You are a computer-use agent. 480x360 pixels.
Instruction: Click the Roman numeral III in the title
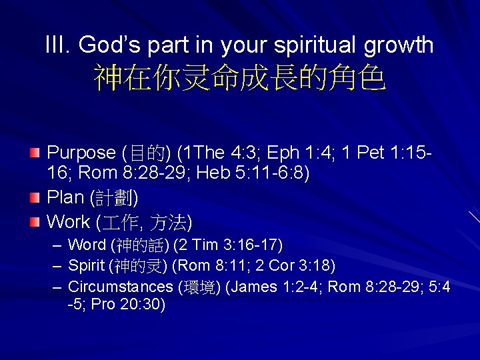pyautogui.click(x=56, y=45)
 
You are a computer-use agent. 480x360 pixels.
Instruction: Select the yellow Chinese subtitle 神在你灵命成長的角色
pyautogui.click(x=239, y=79)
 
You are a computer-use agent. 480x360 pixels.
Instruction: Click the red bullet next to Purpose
pyautogui.click(x=35, y=153)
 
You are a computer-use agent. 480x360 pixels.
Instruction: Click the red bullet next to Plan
pyautogui.click(x=35, y=198)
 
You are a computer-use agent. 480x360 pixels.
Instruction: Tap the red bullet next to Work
pyautogui.click(x=35, y=221)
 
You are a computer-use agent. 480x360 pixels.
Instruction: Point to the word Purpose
pyautogui.click(x=81, y=153)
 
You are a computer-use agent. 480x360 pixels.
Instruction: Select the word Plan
pyautogui.click(x=65, y=198)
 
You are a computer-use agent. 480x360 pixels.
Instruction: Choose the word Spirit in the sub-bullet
pyautogui.click(x=87, y=266)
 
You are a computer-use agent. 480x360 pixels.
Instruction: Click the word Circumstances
pyautogui.click(x=120, y=287)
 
